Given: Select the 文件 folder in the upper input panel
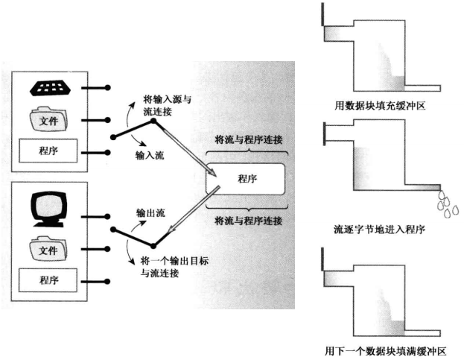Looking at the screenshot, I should pos(48,119).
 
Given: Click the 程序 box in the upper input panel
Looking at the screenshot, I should pos(49,150).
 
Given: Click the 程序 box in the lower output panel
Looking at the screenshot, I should pos(49,280).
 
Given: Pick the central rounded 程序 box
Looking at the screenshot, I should pos(247,180).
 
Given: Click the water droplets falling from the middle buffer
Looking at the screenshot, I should pos(445,203).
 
